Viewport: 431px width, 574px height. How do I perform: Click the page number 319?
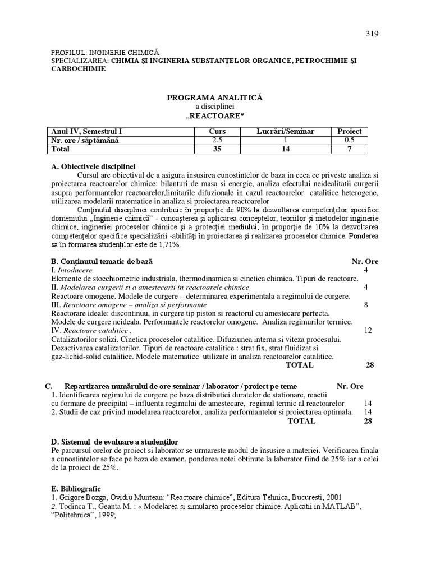pos(372,33)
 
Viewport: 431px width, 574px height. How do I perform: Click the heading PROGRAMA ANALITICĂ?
pos(214,98)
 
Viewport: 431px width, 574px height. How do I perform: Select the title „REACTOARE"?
pos(214,115)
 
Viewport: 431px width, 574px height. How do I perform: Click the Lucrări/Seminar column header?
pos(286,131)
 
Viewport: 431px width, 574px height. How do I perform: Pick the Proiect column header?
pos(349,131)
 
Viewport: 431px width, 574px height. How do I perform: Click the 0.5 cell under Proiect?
pos(349,140)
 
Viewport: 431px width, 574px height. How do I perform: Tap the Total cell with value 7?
pos(349,149)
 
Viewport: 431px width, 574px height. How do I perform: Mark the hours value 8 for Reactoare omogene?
pos(366,304)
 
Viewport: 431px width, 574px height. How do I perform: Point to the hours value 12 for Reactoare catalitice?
pos(368,331)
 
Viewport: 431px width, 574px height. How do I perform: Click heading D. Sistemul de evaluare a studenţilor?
pos(114,442)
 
